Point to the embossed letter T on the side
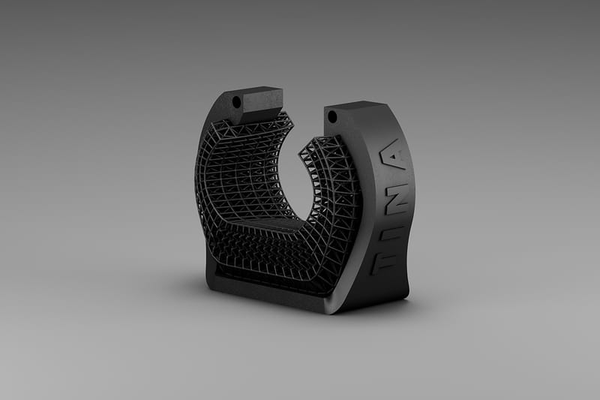[x=388, y=262]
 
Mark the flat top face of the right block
[x=358, y=107]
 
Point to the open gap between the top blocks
[x=304, y=113]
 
